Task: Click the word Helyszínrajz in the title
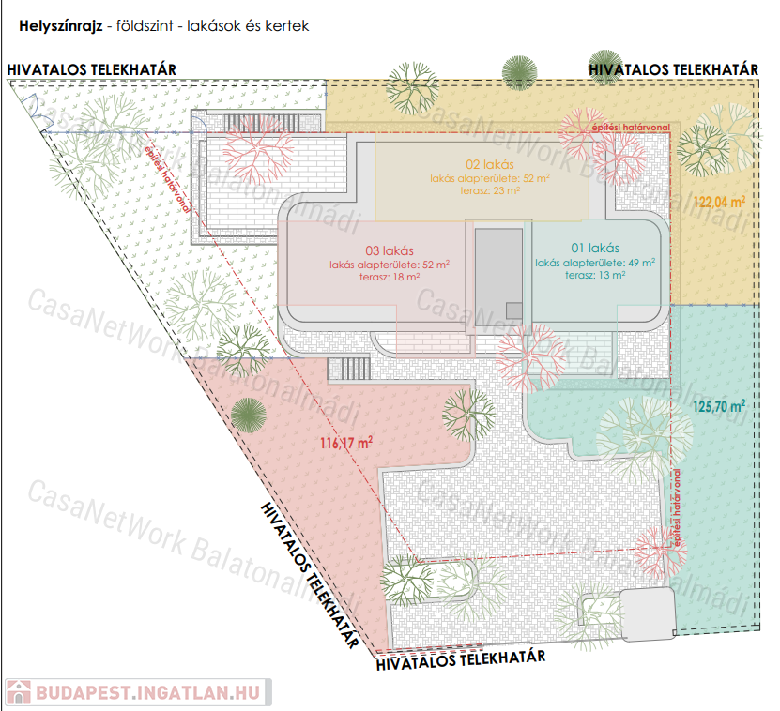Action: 60,26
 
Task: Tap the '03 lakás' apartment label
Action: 390,250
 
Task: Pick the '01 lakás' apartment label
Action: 596,249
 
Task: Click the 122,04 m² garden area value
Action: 720,201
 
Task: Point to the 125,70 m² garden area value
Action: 719,407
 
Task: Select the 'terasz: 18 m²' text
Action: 390,277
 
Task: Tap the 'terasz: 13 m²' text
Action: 595,275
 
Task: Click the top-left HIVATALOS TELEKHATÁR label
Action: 91,69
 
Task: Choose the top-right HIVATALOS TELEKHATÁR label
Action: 673,69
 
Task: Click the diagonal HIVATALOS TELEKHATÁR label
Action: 309,575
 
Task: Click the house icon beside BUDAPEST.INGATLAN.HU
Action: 18,692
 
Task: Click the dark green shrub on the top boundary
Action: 519,71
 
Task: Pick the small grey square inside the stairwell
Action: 514,310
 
